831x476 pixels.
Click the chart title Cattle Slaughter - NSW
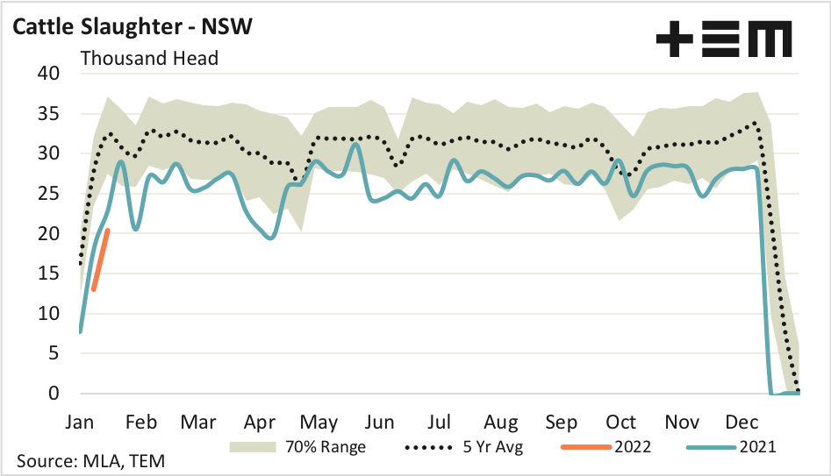click(133, 26)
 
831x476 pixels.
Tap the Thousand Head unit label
click(149, 59)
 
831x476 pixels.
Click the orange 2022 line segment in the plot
click(100, 259)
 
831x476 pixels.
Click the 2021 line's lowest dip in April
click(270, 238)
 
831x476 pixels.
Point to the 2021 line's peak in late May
click(355, 145)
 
